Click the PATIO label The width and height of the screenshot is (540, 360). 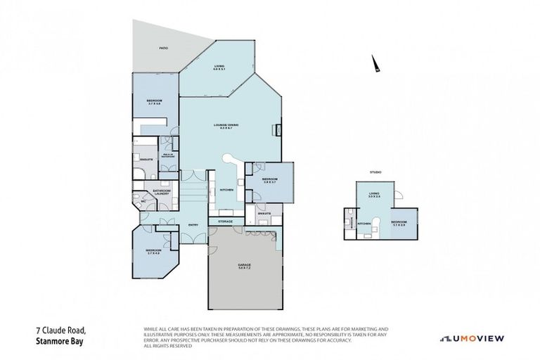(162, 48)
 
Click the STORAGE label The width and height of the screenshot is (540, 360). (225, 221)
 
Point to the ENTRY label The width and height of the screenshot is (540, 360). (193, 224)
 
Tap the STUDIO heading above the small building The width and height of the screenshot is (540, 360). (375, 172)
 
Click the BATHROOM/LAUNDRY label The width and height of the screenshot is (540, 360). (163, 192)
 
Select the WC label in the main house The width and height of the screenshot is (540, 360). (143, 200)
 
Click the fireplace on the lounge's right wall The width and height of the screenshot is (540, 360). (279, 129)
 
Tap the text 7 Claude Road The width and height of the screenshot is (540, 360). (60, 329)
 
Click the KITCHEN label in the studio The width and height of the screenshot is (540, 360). (364, 224)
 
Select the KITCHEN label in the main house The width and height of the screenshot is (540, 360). (226, 190)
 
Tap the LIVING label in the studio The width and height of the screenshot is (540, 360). (374, 194)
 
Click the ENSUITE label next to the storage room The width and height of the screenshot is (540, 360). (264, 212)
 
